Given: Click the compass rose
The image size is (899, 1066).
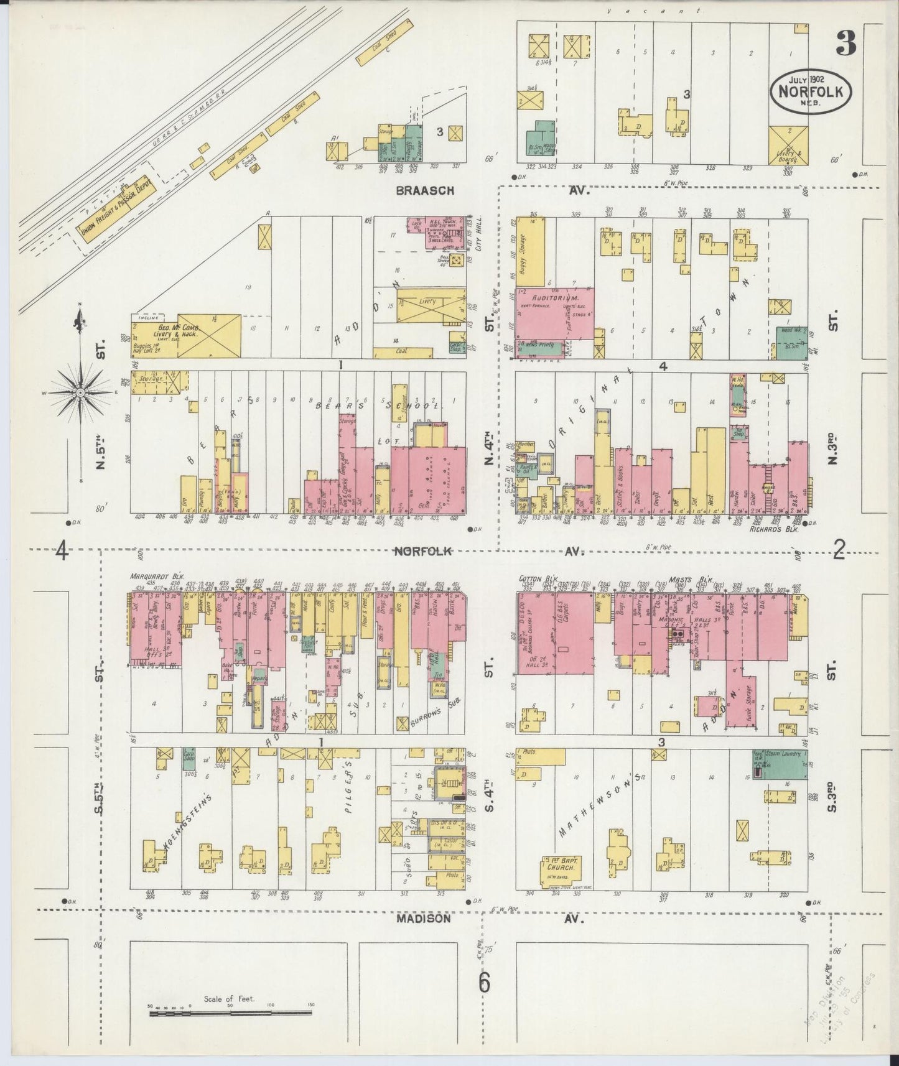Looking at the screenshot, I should (x=80, y=393).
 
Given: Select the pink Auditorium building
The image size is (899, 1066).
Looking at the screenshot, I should (x=554, y=313).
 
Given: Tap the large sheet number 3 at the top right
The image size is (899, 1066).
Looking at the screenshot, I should (x=845, y=44).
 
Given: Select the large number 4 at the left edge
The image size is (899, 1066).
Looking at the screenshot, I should (x=62, y=551).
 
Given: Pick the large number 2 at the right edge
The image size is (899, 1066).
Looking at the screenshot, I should (x=839, y=550).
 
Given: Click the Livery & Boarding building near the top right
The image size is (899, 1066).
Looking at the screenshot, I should (x=788, y=145).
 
